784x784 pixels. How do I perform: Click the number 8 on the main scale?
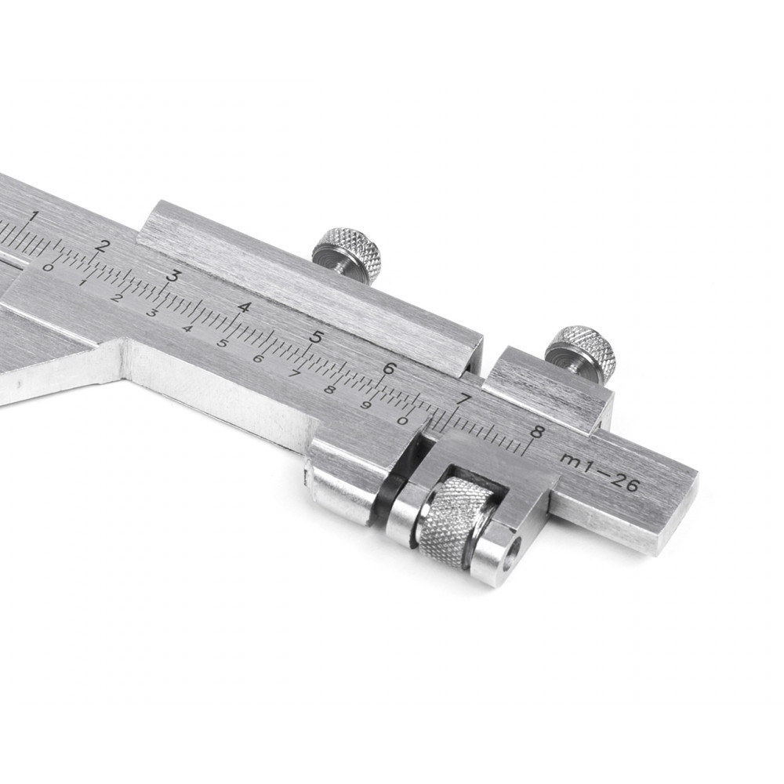[536, 431]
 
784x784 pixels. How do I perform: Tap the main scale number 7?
[464, 400]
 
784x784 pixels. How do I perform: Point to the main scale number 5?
[315, 337]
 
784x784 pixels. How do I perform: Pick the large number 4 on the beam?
[244, 307]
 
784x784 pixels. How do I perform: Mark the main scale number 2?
[104, 246]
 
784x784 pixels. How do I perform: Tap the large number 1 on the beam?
[34, 217]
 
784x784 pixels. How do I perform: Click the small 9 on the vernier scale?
[366, 405]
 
